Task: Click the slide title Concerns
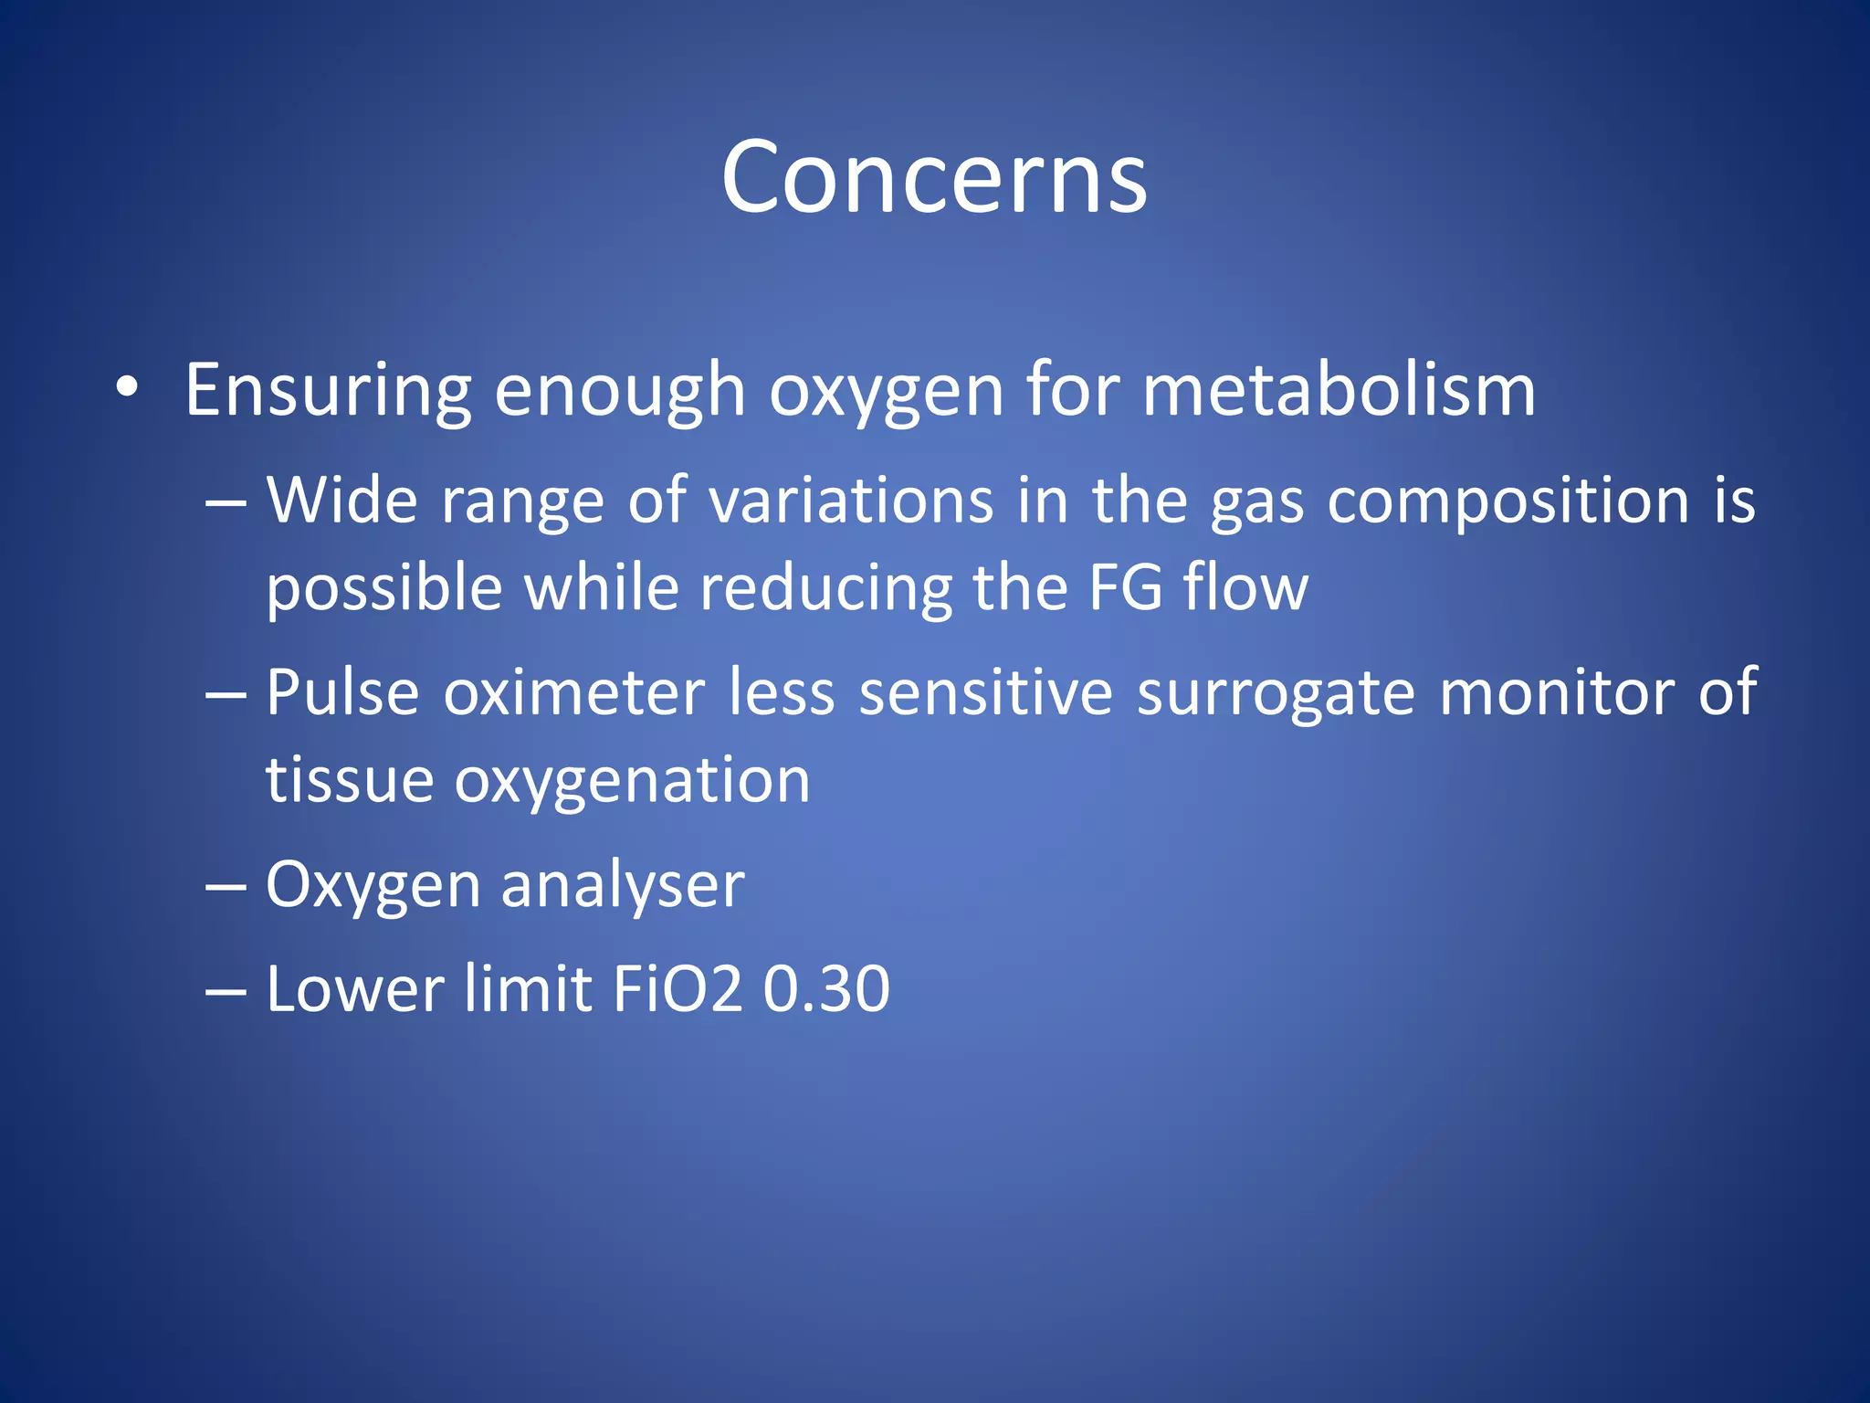933,177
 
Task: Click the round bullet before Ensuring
127,389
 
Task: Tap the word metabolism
1339,391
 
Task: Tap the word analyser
623,886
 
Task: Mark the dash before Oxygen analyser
226,886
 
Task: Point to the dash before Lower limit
226,990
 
